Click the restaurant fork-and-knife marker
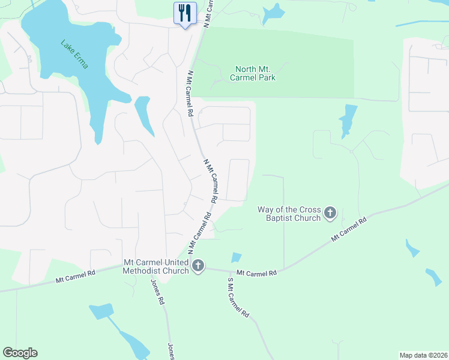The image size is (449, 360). [185, 13]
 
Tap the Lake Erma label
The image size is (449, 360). [74, 54]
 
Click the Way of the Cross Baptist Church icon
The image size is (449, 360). [330, 212]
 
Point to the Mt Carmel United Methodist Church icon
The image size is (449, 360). [198, 265]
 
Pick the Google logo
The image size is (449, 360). [20, 353]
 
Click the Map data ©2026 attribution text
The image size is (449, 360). [423, 355]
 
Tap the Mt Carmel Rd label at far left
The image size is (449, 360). [76, 277]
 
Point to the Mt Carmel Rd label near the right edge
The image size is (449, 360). [348, 230]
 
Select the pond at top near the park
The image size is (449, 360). [274, 13]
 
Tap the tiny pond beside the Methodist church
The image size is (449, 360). [237, 257]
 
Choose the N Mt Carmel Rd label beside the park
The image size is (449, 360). [190, 93]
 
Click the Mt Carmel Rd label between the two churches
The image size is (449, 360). [256, 272]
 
